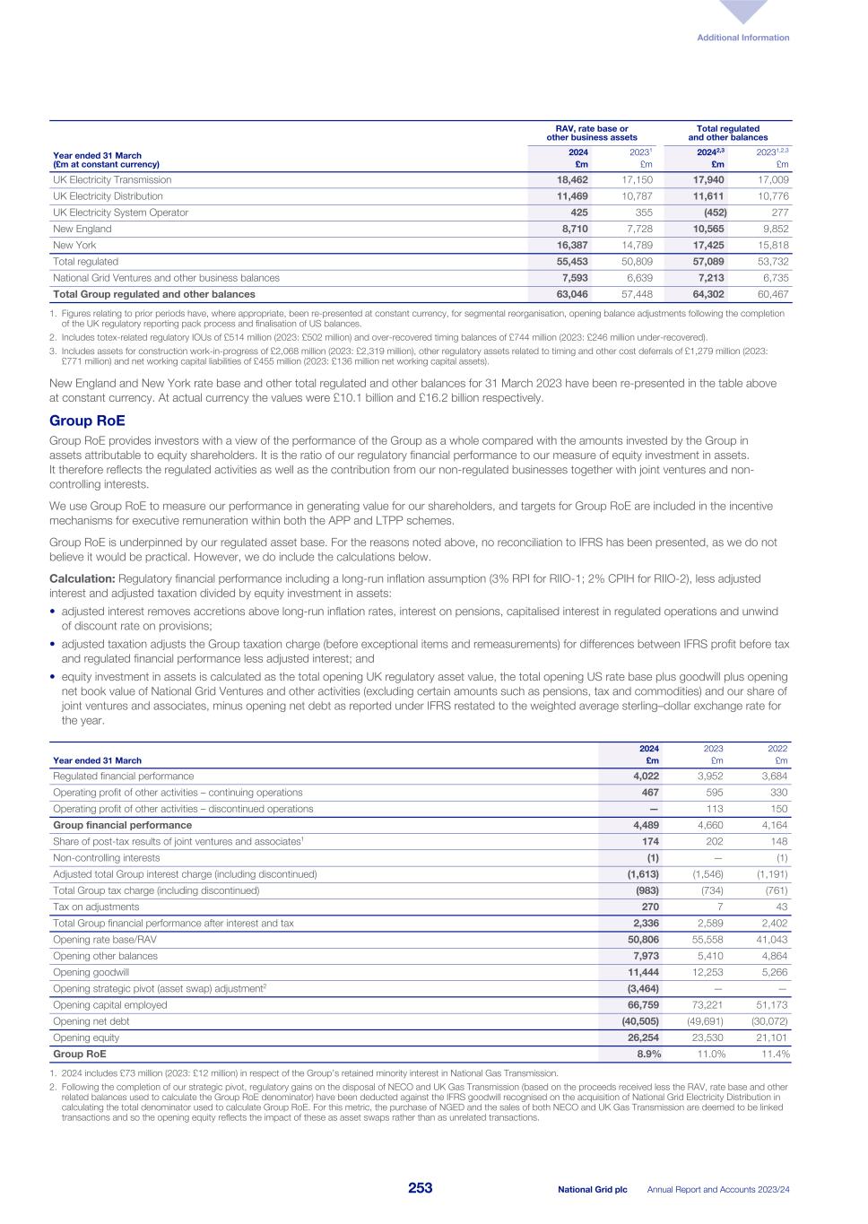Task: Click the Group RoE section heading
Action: (x=87, y=421)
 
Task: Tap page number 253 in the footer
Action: (x=420, y=1188)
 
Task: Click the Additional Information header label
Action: (x=743, y=38)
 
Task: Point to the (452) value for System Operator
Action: (x=714, y=213)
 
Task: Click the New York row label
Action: (x=74, y=245)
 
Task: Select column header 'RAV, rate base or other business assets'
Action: (x=591, y=134)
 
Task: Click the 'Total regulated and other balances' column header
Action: (x=727, y=134)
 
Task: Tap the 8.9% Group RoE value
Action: (x=647, y=1055)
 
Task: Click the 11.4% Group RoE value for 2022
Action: (x=775, y=1055)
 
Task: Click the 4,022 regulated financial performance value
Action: (x=645, y=777)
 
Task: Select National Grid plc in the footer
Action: (x=592, y=1189)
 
